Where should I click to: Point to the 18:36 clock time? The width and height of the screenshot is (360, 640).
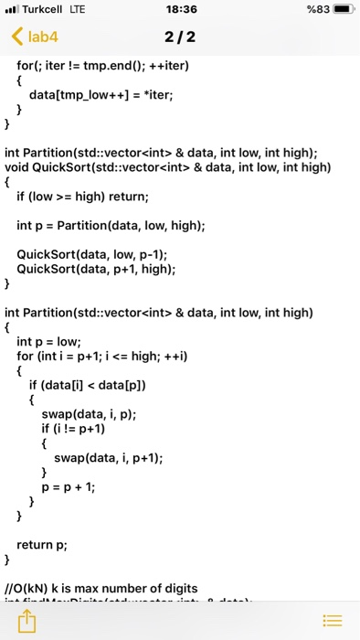[179, 10]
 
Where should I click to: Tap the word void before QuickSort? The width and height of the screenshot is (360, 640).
[17, 167]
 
